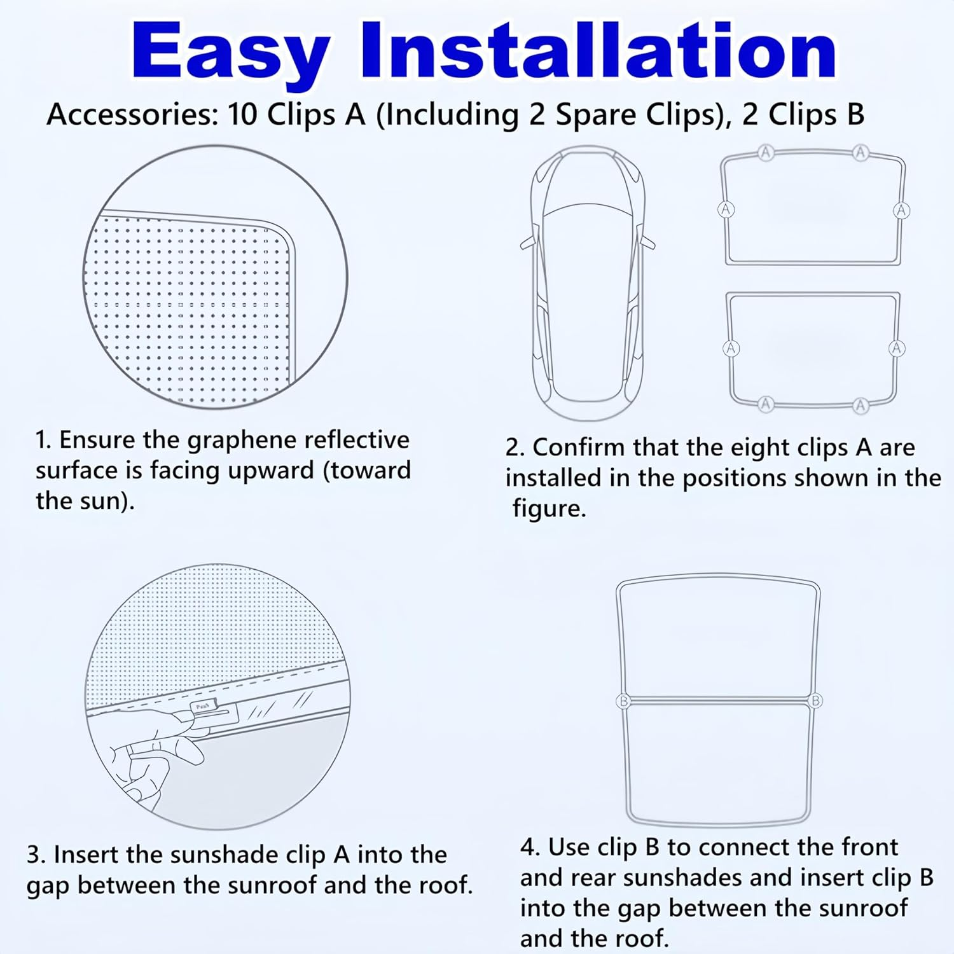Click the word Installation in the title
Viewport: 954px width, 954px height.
coord(598,51)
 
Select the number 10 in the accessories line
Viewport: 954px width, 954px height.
coord(242,115)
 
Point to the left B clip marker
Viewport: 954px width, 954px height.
coord(623,701)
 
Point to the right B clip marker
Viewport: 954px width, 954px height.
coord(815,701)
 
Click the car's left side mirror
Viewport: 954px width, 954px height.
coord(527,242)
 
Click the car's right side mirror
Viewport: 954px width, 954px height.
coord(649,241)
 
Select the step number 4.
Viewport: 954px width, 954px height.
coord(529,848)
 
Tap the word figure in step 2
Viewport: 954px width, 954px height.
coord(548,509)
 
